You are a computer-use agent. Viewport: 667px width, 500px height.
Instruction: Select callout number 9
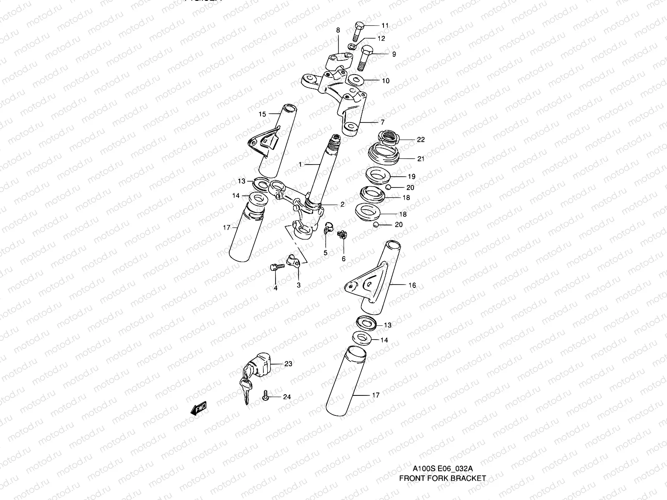coord(394,54)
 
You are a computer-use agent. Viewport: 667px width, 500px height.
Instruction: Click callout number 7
coord(382,122)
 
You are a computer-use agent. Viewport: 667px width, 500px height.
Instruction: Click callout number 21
coord(421,159)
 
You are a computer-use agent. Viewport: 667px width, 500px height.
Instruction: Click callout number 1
coord(300,165)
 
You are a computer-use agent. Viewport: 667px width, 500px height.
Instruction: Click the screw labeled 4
coord(276,269)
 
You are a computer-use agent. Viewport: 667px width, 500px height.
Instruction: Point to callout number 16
coord(412,285)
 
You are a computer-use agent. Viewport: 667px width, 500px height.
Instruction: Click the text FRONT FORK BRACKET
coord(442,478)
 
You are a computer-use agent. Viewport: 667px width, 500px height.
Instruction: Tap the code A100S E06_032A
coord(442,468)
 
